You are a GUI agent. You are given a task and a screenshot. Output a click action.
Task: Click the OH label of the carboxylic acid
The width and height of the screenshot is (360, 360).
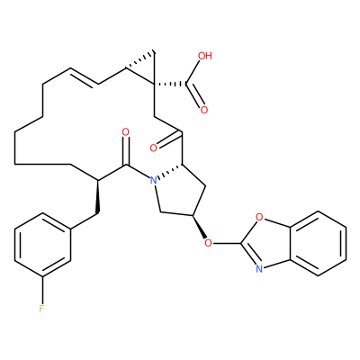point(205,56)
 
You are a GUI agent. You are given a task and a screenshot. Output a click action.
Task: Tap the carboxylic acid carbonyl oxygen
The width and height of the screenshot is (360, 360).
point(204,110)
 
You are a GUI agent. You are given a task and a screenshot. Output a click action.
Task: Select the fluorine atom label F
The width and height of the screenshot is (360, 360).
point(41,309)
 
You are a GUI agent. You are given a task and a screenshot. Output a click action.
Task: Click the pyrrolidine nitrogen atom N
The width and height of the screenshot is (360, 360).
point(153,180)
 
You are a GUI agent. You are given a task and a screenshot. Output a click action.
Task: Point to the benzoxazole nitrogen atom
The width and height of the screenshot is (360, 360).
point(259,268)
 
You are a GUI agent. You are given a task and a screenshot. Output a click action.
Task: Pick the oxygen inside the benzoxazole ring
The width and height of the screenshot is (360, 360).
point(259,216)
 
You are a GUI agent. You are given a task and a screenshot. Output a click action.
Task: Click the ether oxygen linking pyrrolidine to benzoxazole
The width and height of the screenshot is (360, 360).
point(208,242)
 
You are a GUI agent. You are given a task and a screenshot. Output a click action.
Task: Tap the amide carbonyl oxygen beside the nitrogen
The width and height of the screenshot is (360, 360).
point(126,132)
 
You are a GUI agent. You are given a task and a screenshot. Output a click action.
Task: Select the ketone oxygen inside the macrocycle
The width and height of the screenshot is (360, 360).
point(153,148)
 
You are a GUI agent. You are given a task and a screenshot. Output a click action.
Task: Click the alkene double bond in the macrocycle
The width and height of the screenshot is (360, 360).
point(84,76)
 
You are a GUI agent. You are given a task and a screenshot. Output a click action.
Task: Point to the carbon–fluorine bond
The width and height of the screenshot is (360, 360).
point(42,289)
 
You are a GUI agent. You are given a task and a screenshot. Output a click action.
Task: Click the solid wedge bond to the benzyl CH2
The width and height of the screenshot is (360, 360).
point(97,197)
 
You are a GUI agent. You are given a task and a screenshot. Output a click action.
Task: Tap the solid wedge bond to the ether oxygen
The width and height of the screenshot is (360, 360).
point(199,227)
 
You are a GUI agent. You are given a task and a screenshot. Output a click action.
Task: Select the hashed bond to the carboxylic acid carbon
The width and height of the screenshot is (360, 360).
point(170,85)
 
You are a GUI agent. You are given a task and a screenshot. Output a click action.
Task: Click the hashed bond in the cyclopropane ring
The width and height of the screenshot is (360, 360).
point(140,61)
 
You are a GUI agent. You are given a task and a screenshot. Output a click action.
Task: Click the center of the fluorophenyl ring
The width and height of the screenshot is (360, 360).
point(42,244)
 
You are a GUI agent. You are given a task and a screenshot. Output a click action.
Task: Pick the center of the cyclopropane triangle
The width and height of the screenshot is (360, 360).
point(145,68)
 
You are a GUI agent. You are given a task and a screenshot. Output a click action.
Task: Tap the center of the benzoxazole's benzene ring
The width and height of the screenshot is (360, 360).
point(319,243)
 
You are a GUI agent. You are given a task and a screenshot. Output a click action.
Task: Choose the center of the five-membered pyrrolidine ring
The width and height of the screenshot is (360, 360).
point(178,193)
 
